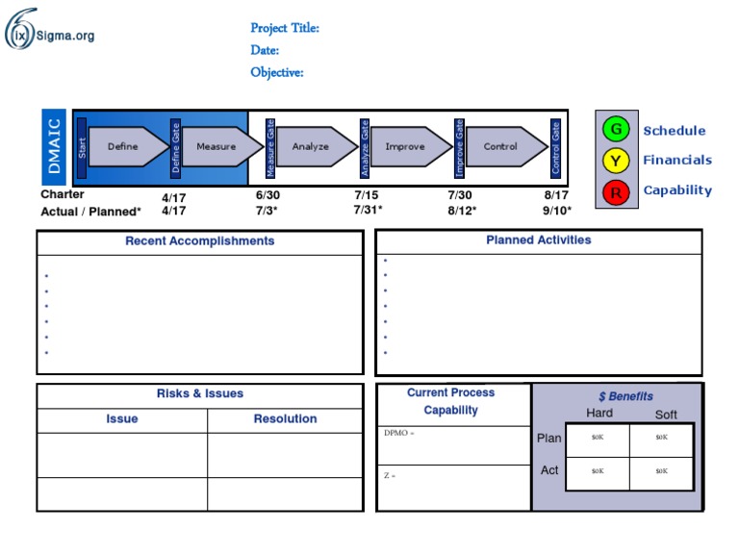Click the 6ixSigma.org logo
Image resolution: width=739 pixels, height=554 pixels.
tap(49, 29)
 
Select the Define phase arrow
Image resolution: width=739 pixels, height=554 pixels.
tap(128, 146)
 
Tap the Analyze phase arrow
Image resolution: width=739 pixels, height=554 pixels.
tap(317, 146)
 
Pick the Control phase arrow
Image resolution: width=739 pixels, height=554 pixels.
tap(507, 146)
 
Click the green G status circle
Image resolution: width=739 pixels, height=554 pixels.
tap(616, 129)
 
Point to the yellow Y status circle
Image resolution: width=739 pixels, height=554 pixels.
tap(616, 161)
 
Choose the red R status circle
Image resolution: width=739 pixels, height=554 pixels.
tap(616, 192)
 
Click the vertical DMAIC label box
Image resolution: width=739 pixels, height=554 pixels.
tap(54, 146)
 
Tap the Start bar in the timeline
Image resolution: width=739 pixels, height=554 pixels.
tap(82, 148)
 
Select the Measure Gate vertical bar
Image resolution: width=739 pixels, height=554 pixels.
tap(270, 148)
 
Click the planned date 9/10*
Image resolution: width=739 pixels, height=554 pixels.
tap(556, 211)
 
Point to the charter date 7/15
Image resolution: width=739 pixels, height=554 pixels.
tap(367, 195)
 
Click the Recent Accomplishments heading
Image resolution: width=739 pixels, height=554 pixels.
tap(200, 240)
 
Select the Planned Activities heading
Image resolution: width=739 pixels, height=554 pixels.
tap(539, 239)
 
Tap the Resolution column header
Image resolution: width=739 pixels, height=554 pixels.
tap(285, 418)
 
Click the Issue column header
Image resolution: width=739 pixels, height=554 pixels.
tap(122, 418)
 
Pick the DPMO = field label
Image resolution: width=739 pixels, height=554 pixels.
tap(398, 433)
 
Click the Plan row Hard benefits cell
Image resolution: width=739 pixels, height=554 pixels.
tap(598, 440)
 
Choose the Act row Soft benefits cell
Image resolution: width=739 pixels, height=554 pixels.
tap(661, 473)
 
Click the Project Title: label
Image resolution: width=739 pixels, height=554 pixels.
tap(285, 28)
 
